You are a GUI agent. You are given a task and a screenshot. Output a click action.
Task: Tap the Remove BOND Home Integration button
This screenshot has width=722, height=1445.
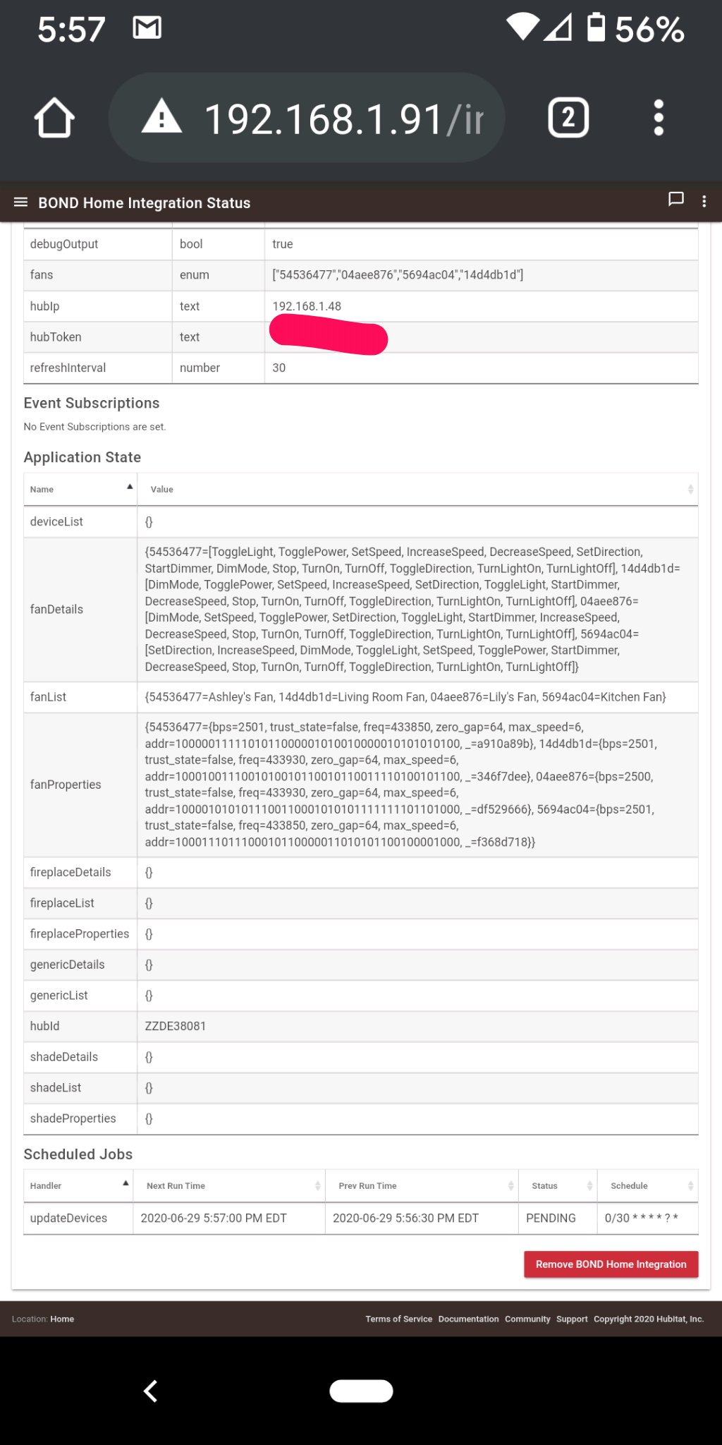[611, 1264]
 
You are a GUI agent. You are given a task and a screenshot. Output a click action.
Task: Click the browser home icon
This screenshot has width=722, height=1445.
[54, 118]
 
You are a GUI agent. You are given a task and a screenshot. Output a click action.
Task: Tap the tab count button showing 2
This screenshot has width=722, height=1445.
[568, 118]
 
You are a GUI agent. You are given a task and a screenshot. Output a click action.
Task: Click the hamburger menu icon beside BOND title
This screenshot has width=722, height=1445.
[20, 202]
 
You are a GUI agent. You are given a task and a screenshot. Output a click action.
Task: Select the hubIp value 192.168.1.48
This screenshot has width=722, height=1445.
[307, 306]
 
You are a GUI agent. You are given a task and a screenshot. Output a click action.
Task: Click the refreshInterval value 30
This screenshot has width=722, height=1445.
[279, 368]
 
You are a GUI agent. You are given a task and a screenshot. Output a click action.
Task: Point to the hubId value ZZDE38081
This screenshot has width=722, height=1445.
[176, 1026]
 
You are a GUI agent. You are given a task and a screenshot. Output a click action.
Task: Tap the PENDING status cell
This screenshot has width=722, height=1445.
[551, 1218]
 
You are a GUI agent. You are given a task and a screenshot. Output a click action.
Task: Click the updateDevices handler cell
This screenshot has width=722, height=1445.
[68, 1218]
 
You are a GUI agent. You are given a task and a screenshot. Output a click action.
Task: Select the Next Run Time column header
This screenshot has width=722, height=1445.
[176, 1185]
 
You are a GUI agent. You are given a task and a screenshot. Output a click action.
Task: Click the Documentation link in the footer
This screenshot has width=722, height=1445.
[468, 1319]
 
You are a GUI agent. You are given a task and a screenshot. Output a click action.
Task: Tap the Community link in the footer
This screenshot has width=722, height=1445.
[527, 1319]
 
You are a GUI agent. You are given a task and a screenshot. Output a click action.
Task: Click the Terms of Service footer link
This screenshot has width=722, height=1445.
[398, 1319]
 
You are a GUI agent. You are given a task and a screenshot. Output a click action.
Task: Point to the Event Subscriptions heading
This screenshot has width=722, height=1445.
[92, 403]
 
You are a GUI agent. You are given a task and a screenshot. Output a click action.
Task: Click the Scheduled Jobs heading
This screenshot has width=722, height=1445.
[78, 1154]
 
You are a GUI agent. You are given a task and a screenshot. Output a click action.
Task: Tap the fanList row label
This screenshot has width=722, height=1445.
[48, 697]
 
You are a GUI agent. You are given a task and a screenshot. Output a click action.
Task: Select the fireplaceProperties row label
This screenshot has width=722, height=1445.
[80, 933]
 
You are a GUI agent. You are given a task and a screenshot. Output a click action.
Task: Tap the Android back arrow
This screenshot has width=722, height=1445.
[150, 1391]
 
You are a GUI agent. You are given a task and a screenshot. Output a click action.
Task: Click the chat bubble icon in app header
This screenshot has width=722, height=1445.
[675, 200]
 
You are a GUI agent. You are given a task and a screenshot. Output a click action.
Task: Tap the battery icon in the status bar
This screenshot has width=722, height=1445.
[596, 28]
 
